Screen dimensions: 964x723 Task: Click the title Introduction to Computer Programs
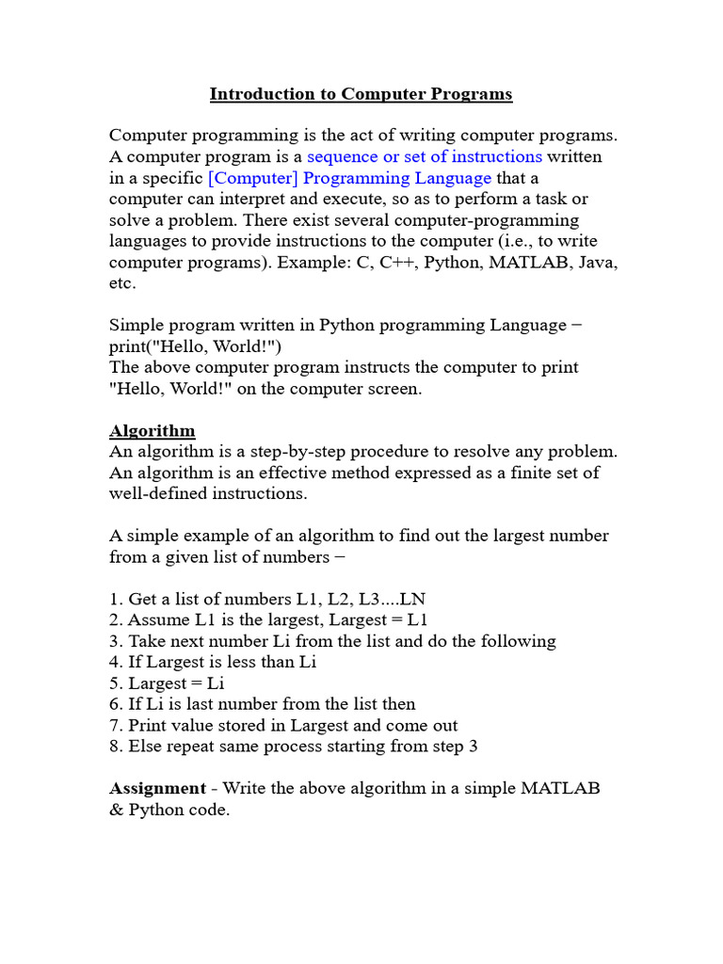[361, 94]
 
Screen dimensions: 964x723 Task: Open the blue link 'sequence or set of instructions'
[425, 156]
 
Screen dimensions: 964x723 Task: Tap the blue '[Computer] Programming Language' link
[349, 178]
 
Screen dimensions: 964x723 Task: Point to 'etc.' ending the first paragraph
[122, 283]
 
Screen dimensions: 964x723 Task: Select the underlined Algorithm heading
[153, 431]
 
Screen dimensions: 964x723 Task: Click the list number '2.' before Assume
[116, 620]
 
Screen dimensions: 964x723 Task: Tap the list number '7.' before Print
[116, 725]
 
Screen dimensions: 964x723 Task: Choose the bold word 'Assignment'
[157, 788]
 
